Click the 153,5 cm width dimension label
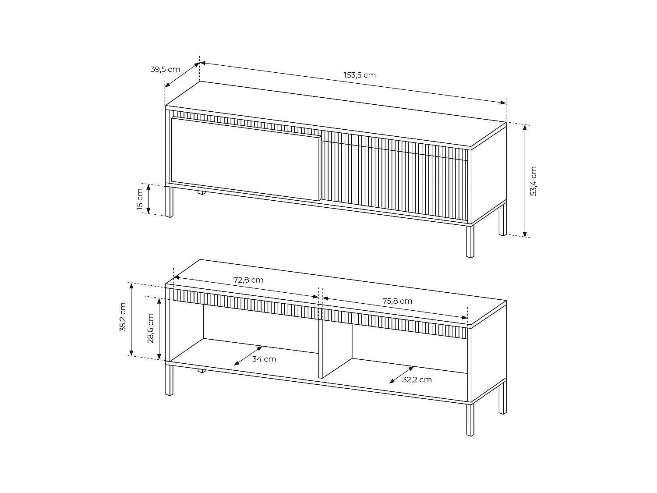pos(360,75)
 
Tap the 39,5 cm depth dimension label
pos(165,69)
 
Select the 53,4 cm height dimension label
pos(533,181)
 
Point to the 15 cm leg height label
pos(140,199)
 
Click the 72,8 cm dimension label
pos(248,280)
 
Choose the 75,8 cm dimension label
pos(397,301)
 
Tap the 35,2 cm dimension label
pos(123,317)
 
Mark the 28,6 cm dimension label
pos(150,328)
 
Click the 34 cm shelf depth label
pos(264,359)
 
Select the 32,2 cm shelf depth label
pos(417,380)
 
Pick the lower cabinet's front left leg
pos(169,379)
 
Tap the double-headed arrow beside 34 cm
pos(248,355)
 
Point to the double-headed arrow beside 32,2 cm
pos(402,375)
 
